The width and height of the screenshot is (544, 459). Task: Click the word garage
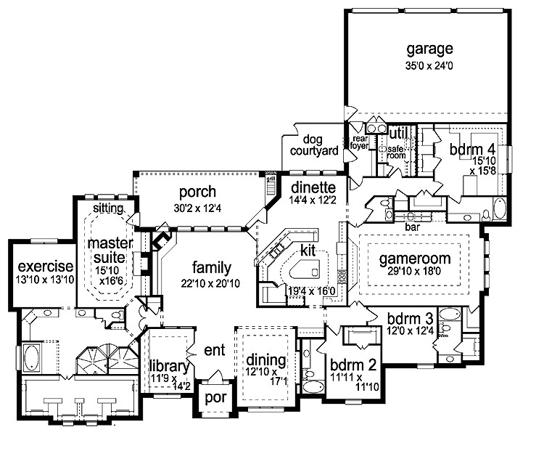[x=429, y=49]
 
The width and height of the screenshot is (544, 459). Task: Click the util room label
[x=397, y=134]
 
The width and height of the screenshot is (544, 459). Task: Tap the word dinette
[x=309, y=185]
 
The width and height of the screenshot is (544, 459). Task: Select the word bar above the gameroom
[x=413, y=227]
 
